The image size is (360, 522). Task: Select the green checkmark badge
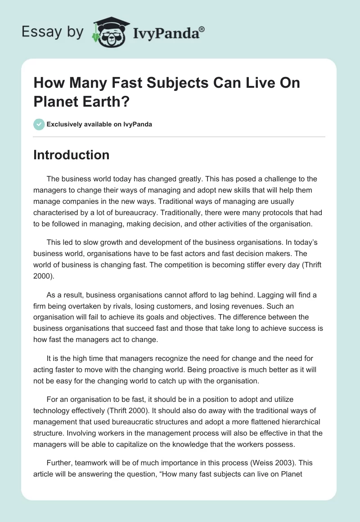39,124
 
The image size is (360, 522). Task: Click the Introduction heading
71,155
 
